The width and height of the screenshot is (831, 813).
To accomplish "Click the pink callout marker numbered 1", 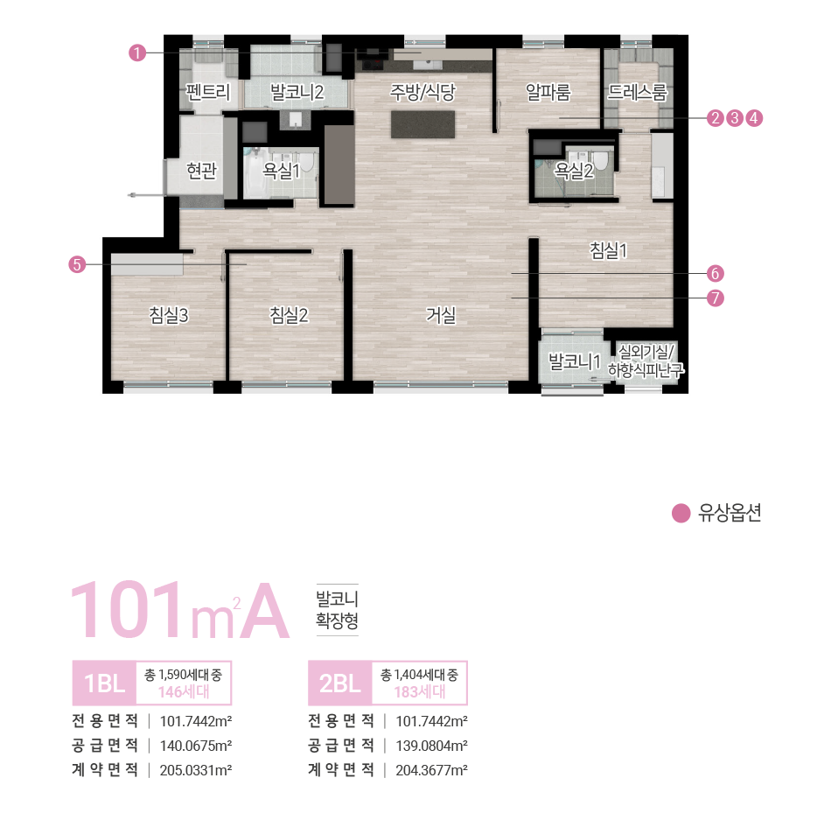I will pyautogui.click(x=136, y=53).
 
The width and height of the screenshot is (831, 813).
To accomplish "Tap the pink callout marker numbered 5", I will pyautogui.click(x=77, y=264).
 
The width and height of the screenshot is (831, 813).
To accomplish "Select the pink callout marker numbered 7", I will pyautogui.click(x=716, y=298).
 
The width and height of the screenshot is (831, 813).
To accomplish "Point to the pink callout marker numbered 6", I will pyautogui.click(x=716, y=273).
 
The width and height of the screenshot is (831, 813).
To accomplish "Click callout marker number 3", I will pyautogui.click(x=735, y=117).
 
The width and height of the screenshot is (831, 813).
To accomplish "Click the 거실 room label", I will pyautogui.click(x=440, y=315).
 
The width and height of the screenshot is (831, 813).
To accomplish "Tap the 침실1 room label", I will pyautogui.click(x=610, y=250).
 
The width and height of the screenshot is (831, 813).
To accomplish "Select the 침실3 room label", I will pyautogui.click(x=169, y=315).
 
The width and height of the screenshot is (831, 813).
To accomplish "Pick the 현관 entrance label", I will pyautogui.click(x=201, y=171).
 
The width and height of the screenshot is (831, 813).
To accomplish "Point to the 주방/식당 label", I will pyautogui.click(x=423, y=92).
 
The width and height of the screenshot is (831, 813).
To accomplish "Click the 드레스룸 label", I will pyautogui.click(x=638, y=92).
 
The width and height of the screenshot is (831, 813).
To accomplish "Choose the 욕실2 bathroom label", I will pyautogui.click(x=574, y=171).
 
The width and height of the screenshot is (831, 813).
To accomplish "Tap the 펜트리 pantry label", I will pyautogui.click(x=208, y=92).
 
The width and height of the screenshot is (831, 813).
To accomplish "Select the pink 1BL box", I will pyautogui.click(x=104, y=683).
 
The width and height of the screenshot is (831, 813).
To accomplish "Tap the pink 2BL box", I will pyautogui.click(x=340, y=683).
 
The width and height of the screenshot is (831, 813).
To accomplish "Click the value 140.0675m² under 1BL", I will pyautogui.click(x=196, y=746).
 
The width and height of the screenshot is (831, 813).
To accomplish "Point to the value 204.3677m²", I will pyautogui.click(x=432, y=770).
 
